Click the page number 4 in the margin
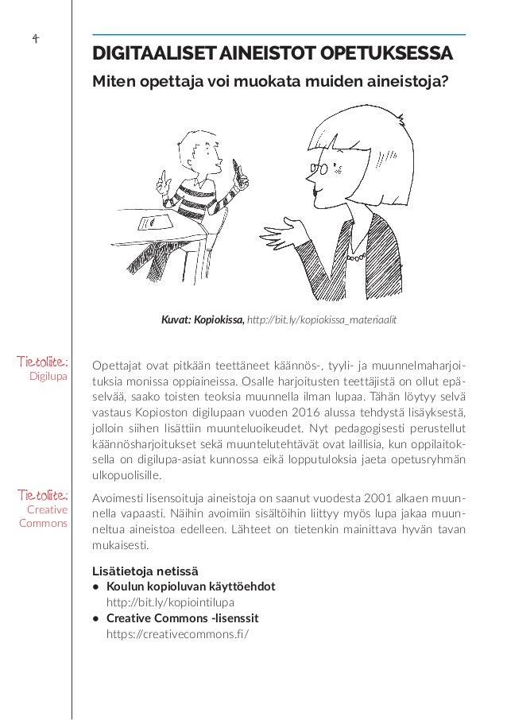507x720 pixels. click(35, 38)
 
